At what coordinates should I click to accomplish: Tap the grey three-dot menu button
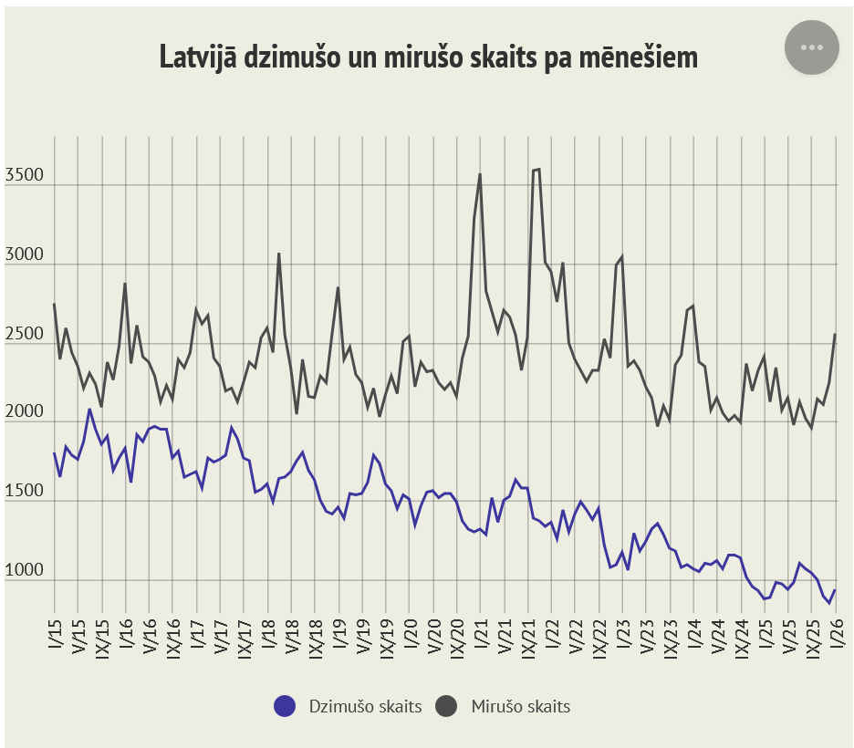(x=811, y=47)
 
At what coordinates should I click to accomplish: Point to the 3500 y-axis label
(x=25, y=176)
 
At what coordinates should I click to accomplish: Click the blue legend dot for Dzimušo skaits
(x=285, y=705)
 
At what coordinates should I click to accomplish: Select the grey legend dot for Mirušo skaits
(x=446, y=705)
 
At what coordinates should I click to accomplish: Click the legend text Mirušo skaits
(x=521, y=706)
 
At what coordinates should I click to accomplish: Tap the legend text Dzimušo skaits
(x=365, y=706)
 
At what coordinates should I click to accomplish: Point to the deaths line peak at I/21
(x=480, y=174)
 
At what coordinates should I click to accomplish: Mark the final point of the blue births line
(x=835, y=590)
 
